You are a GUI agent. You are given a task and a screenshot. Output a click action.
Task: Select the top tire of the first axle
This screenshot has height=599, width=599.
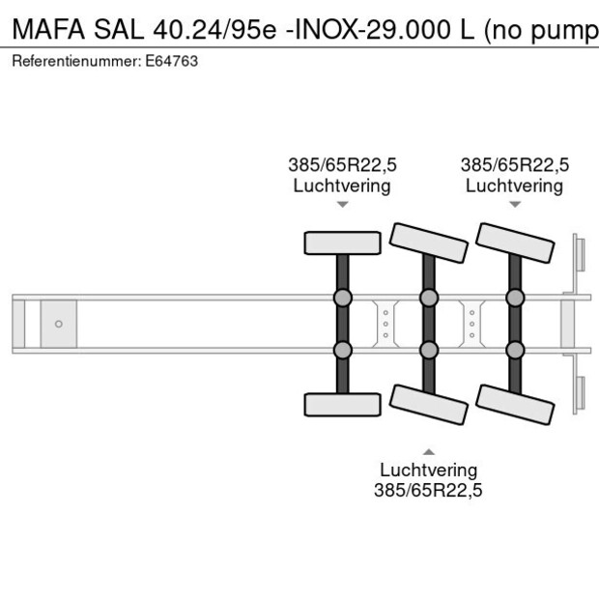342,242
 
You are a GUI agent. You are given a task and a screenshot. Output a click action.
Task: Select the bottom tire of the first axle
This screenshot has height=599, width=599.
342,405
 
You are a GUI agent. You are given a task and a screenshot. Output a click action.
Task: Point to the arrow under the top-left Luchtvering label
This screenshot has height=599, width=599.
342,204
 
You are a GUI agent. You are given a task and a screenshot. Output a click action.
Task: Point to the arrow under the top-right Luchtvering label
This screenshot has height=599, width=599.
515,204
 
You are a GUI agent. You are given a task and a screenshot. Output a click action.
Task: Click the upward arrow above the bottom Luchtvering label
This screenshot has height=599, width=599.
428,450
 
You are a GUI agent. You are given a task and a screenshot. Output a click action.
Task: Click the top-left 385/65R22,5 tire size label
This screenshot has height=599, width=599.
342,164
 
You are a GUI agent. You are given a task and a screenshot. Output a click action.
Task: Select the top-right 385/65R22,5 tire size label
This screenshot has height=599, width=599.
515,164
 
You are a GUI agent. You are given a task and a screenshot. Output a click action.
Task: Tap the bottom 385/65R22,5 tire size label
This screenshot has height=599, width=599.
428,491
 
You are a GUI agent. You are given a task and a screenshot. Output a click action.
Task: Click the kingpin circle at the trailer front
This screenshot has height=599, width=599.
59,324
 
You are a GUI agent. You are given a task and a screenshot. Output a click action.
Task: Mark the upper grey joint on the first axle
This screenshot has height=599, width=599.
342,297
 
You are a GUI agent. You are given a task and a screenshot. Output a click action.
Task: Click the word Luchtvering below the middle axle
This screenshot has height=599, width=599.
428,471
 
